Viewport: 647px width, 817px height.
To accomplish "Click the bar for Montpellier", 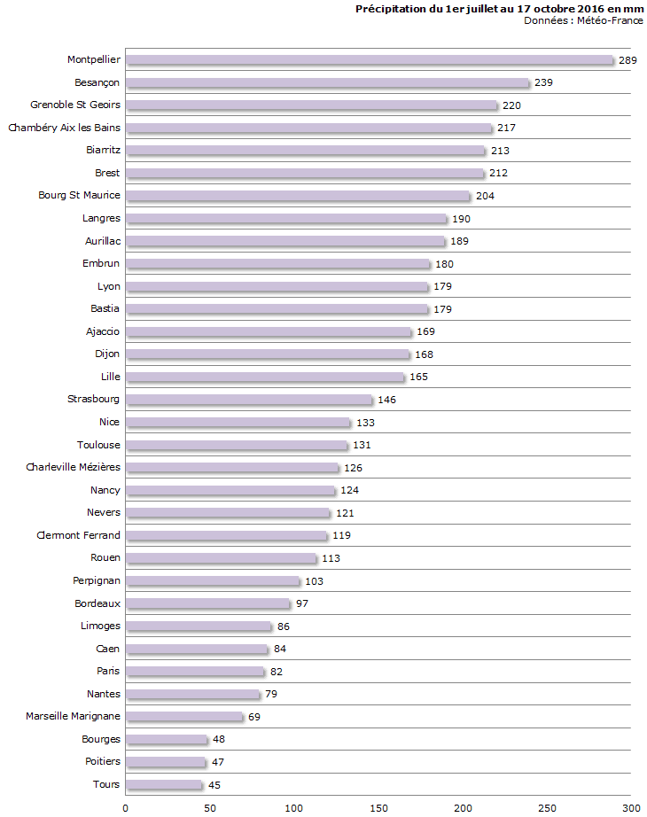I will pos(370,60).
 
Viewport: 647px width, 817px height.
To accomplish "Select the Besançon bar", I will pos(327,82).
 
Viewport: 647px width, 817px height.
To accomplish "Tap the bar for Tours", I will pos(164,784).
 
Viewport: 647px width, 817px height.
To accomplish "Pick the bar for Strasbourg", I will pos(249,400).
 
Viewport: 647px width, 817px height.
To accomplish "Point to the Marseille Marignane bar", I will pos(184,716).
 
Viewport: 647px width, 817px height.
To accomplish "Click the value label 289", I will pos(628,60).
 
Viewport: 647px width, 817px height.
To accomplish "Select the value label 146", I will pos(386,401).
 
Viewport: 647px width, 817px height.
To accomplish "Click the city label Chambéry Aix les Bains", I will pos(64,128).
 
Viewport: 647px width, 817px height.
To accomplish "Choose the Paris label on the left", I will pos(108,671).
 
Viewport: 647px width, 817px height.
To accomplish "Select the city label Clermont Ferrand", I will pos(78,535).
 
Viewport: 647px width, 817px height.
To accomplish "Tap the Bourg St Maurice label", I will pos(79,195).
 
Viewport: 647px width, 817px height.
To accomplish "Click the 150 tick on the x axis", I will pos(378,807).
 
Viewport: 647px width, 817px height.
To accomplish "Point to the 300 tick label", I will pos(630,807).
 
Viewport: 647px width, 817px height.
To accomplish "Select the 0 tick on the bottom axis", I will pos(125,807).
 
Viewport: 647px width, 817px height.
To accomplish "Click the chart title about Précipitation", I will pos(499,9).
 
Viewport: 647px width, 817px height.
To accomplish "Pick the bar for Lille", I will pos(265,377).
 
